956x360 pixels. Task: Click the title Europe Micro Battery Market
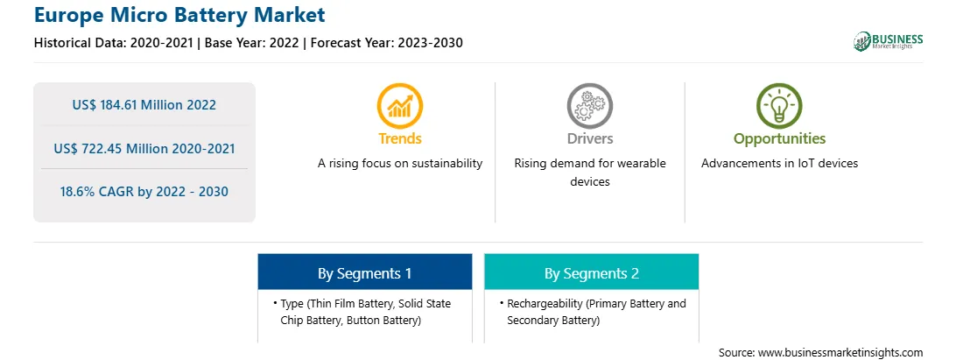point(179,15)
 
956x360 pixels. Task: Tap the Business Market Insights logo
point(888,41)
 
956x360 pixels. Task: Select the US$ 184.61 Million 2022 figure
point(144,104)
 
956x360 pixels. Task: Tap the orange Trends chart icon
point(400,105)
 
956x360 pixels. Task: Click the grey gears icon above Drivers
point(589,105)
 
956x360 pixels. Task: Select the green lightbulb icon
point(779,105)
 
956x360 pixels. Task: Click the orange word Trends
point(400,138)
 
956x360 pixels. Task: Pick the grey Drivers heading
point(589,138)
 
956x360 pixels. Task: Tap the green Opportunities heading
point(779,139)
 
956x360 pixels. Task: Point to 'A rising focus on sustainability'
point(400,164)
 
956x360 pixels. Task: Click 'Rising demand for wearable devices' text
point(589,173)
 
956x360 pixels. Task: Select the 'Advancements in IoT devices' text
point(779,164)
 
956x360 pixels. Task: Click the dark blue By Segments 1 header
point(364,272)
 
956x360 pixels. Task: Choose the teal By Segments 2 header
point(592,272)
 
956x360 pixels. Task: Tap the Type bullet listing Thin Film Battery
point(363,312)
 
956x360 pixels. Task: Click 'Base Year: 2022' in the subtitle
point(251,43)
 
